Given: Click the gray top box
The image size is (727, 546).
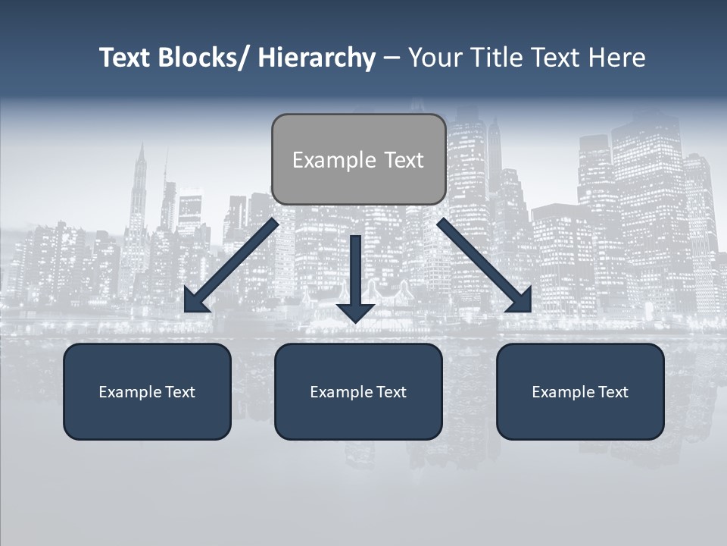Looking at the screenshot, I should coord(358,159).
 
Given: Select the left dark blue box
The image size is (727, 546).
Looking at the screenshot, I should coord(147,391).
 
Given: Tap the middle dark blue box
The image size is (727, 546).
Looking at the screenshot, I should coord(358,391).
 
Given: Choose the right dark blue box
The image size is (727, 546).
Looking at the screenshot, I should coord(580,391).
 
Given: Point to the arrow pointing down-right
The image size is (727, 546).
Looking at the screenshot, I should coord(485,265).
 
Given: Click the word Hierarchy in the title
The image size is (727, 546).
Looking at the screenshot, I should coord(317,58).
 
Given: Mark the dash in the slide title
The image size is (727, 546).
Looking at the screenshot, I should coord(392,58).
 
